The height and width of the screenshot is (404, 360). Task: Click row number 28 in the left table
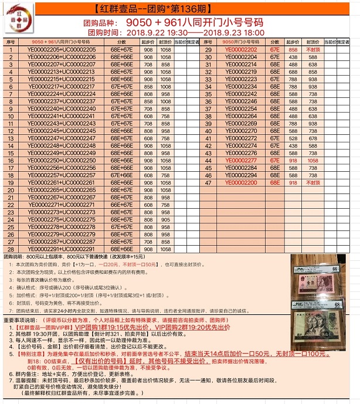pyautogui.click(x=11, y=249)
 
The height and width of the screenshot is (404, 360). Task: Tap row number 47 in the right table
pyautogui.click(x=208, y=182)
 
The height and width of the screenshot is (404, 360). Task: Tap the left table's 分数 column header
pyautogui.click(x=121, y=42)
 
